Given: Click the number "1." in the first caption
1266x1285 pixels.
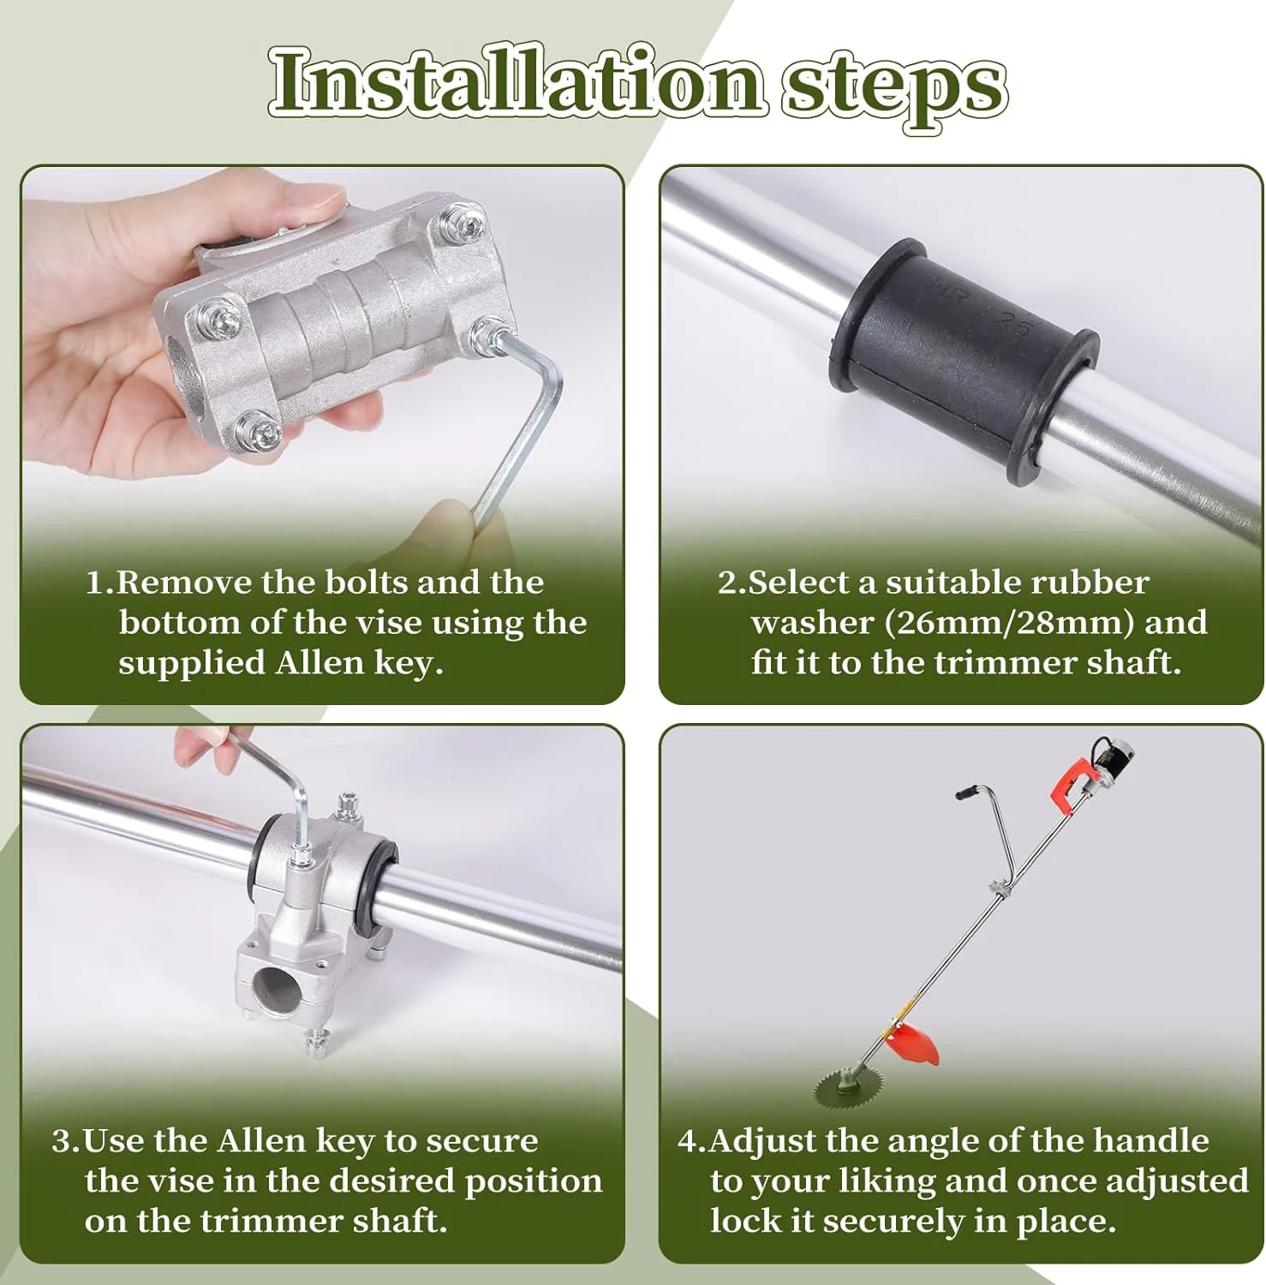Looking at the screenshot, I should coord(99,583).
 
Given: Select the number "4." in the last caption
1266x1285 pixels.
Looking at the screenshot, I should coord(691,1142).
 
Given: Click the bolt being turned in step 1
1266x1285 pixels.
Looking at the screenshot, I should coord(489,334).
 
